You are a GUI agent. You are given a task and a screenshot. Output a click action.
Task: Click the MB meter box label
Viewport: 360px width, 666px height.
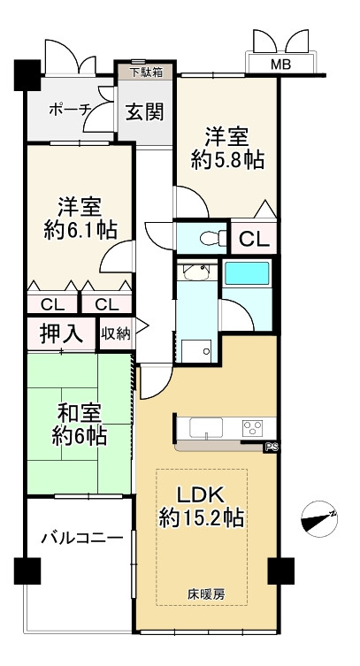tap(281, 65)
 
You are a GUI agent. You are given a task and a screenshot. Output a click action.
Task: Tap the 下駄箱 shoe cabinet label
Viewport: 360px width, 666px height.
tap(145, 73)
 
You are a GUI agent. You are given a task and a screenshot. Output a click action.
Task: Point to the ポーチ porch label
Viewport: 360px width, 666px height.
tap(71, 110)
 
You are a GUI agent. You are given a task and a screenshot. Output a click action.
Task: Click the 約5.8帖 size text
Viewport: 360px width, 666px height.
tap(227, 161)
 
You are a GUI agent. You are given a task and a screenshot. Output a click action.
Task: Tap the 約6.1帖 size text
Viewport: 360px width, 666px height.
tap(80, 230)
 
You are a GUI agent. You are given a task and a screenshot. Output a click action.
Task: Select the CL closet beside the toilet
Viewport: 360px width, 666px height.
tap(254, 240)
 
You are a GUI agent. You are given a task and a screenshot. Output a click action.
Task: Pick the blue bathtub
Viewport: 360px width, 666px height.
tap(247, 273)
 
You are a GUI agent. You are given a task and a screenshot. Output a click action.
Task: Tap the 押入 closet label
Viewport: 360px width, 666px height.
tap(61, 334)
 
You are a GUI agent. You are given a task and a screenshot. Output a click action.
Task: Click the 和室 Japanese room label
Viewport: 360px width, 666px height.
tap(79, 414)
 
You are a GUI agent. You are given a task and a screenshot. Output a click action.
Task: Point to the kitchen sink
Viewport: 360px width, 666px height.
tap(206, 428)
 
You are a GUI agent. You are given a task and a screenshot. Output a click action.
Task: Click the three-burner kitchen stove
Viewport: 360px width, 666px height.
tap(252, 428)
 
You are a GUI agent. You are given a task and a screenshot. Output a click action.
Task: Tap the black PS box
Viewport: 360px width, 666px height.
tap(270, 447)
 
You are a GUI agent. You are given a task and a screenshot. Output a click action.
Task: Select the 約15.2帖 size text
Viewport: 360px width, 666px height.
tap(201, 518)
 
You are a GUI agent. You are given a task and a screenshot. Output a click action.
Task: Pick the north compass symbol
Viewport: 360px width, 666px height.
tap(319, 518)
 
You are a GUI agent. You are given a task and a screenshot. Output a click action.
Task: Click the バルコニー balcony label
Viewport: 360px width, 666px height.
tap(82, 538)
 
